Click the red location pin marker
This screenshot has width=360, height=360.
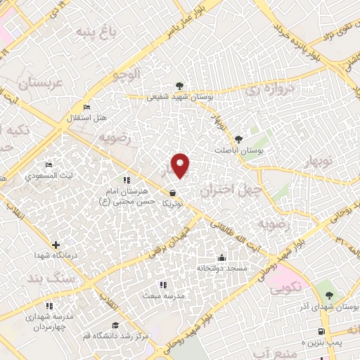[181, 166]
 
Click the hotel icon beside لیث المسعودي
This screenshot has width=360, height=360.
[48, 165]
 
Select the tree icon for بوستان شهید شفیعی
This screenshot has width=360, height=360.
[181, 86]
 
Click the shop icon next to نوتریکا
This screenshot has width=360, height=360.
[172, 192]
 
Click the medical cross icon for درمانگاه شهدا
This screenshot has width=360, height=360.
[56, 245]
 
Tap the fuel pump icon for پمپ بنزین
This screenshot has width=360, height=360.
[321, 331]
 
